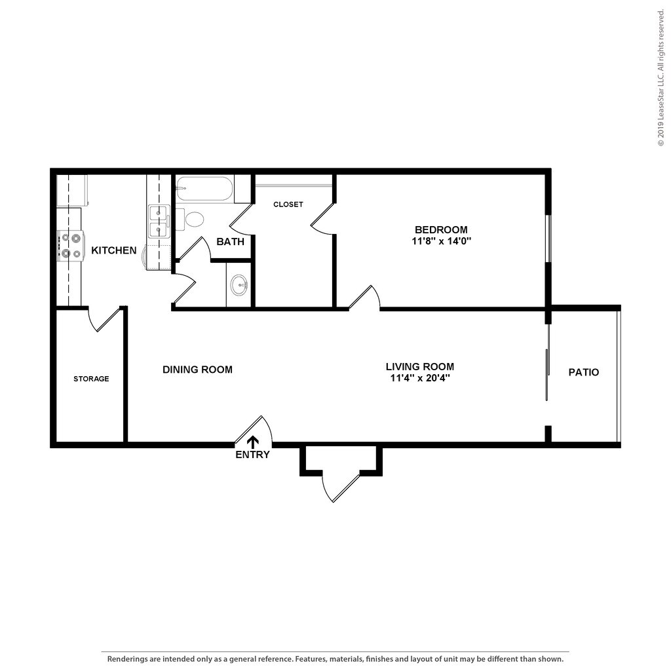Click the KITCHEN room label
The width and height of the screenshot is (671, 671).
tap(113, 250)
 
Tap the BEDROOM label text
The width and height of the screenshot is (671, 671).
tap(441, 229)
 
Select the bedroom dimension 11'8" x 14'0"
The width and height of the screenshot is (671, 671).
tap(441, 240)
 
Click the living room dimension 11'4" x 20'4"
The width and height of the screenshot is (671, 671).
tap(419, 377)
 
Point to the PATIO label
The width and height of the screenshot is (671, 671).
tap(583, 372)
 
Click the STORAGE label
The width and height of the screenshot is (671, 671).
tap(91, 379)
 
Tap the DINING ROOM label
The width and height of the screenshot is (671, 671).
tap(197, 370)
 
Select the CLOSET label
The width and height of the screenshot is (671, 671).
tap(288, 204)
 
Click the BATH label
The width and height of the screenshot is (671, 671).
tap(230, 241)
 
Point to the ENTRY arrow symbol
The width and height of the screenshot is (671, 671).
tap(252, 442)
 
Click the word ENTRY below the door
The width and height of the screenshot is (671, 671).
tap(252, 455)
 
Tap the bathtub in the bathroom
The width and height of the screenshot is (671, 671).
tap(204, 189)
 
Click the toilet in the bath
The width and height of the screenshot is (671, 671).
tap(193, 218)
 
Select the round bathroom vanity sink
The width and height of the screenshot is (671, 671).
tap(239, 285)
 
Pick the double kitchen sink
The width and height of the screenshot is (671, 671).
tap(159, 221)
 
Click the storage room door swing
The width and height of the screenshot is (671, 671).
tap(105, 320)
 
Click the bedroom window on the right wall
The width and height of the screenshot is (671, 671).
tap(549, 239)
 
